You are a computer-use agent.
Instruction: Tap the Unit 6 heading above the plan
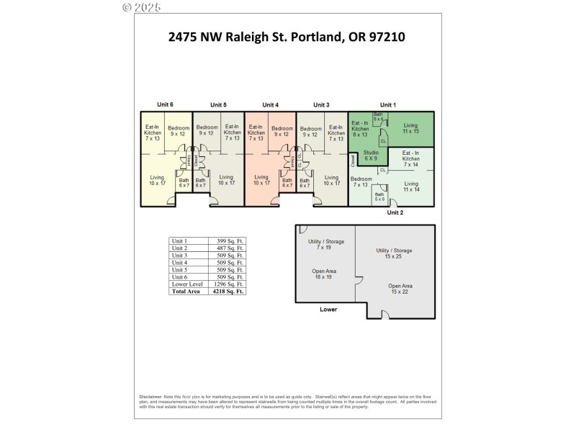166,104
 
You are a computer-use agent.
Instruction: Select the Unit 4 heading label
270,104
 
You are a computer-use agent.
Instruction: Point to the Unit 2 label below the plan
395,212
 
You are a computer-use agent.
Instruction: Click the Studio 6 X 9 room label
371,156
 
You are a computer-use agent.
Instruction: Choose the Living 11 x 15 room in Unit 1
410,128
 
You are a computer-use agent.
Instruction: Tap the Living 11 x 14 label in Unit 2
411,186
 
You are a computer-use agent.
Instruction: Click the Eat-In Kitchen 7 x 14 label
411,158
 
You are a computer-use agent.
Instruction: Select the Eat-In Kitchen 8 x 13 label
360,128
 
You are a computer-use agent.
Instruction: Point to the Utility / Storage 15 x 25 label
394,253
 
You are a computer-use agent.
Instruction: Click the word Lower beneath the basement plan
328,310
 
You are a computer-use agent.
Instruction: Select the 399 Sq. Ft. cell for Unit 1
227,240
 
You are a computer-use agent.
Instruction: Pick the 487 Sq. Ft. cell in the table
227,248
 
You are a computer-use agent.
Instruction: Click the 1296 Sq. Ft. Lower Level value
227,284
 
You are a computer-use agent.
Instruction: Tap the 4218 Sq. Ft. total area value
227,292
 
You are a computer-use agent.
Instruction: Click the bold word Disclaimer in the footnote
151,397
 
